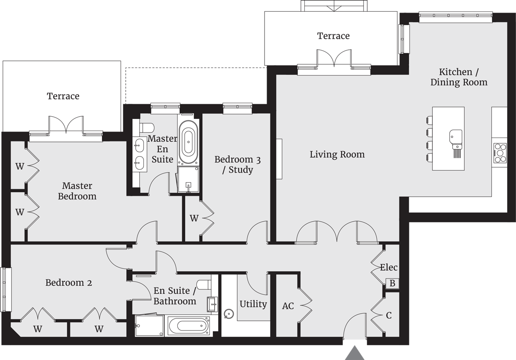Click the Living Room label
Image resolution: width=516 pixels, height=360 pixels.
[x=337, y=154]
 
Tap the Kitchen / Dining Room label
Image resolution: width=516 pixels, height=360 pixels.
[x=459, y=77]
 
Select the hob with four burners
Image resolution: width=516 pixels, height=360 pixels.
[x=500, y=153]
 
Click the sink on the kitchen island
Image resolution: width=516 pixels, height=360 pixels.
[x=455, y=137]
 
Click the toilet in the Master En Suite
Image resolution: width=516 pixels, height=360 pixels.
[x=147, y=128]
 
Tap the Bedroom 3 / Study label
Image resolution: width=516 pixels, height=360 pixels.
[x=238, y=164]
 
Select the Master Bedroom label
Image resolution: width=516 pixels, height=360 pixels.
[x=77, y=191]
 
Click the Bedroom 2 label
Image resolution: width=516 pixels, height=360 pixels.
[x=69, y=283]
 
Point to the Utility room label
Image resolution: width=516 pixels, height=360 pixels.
[x=253, y=304]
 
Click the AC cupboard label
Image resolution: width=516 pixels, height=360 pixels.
[x=288, y=306]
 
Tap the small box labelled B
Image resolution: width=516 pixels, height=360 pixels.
[x=392, y=284]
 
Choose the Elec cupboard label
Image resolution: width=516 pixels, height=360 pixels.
[x=389, y=268]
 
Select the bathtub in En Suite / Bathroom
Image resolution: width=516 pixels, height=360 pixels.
[x=188, y=325]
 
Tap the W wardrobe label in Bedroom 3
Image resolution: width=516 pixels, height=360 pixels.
[x=194, y=219]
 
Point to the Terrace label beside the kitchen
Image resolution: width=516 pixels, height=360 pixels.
[x=333, y=36]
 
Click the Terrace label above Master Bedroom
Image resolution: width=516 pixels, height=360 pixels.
[x=63, y=96]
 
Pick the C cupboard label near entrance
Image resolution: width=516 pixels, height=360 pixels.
[x=389, y=315]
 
